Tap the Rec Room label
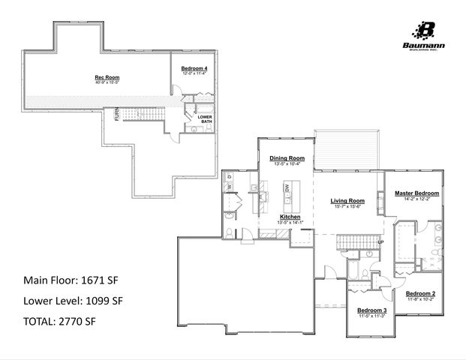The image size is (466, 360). [107, 77]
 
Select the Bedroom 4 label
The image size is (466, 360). [194, 68]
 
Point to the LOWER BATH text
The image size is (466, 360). [205, 119]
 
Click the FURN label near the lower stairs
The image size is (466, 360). [116, 115]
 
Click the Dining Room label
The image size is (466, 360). [287, 158]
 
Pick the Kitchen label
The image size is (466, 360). [270, 216]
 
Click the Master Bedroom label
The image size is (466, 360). [416, 193]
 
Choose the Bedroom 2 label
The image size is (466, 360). [421, 293]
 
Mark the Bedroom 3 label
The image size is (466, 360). [371, 310]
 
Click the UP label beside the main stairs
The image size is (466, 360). [380, 242]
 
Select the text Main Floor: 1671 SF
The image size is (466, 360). [71, 280]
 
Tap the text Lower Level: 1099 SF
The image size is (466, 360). [73, 301]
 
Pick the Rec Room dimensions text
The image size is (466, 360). [107, 82]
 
